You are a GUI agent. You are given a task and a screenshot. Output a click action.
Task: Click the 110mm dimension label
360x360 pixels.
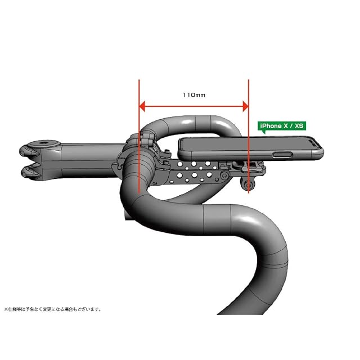[x=194, y=95]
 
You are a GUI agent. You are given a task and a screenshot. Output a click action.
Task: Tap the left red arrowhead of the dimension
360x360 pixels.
[x=142, y=106]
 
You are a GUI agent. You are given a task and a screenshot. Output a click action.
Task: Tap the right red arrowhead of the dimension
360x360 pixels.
[x=245, y=106]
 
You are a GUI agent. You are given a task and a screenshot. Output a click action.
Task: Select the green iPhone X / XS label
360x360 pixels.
[x=282, y=126]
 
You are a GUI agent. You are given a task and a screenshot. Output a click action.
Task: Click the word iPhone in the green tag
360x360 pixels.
[x=271, y=126]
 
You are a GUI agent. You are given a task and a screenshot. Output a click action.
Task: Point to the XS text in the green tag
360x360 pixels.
[x=299, y=126]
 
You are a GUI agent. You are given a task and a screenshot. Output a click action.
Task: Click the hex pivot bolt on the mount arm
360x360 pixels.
[x=223, y=176]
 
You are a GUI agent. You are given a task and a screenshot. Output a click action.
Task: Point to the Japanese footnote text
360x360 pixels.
[x=52, y=309]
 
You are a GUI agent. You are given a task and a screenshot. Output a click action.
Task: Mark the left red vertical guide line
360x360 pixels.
[x=139, y=137]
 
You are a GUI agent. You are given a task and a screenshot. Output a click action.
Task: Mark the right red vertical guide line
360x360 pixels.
[x=249, y=137]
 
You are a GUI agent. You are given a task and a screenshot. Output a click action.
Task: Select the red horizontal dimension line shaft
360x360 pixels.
[x=193, y=106]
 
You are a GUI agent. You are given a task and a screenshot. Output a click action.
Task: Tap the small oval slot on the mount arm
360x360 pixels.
[x=172, y=182]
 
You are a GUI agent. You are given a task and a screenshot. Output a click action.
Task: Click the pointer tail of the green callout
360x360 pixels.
[x=264, y=132]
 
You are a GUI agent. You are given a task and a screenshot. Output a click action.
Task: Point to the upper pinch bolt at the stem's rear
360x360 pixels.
[x=29, y=151]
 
